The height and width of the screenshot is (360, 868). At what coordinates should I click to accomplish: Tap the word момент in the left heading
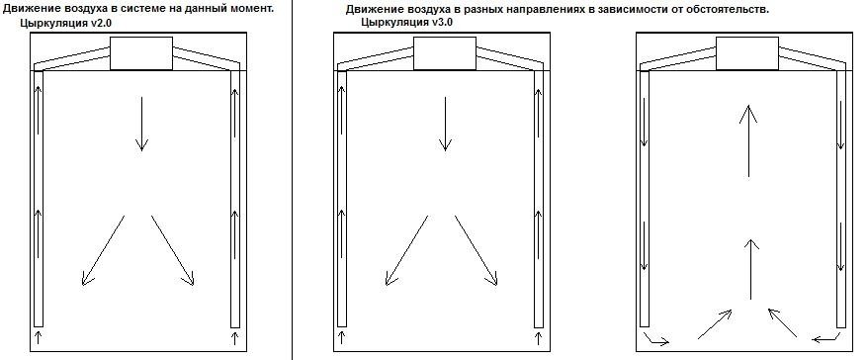[x=253, y=9]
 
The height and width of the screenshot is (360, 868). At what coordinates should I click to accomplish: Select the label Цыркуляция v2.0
[x=66, y=24]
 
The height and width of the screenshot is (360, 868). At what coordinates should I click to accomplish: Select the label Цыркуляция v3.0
[x=407, y=23]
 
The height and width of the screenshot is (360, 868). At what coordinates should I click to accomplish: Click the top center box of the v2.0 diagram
[x=141, y=53]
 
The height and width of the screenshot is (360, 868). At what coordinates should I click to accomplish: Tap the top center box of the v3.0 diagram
[x=445, y=53]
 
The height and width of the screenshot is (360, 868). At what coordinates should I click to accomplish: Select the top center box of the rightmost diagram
[x=747, y=53]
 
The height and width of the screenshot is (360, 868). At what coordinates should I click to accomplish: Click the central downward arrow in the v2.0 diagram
[x=141, y=124]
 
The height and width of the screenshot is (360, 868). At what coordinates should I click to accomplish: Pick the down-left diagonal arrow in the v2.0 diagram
[x=103, y=250]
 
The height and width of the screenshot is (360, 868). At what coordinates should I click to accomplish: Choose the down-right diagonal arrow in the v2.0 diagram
[x=173, y=250]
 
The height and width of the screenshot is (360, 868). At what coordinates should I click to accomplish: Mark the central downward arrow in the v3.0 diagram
[x=445, y=124]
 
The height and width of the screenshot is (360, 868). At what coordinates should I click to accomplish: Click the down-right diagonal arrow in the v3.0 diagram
[x=477, y=250]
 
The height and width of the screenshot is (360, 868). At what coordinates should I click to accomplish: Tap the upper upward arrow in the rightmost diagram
[x=748, y=141]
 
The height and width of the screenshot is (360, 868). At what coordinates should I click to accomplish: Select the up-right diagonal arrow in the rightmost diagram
[x=715, y=324]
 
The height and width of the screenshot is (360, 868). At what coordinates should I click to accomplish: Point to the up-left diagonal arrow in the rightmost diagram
[x=782, y=322]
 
